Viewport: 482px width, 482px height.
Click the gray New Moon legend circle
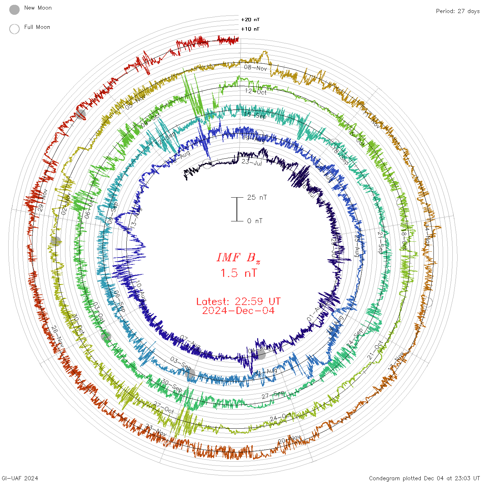tap(14, 10)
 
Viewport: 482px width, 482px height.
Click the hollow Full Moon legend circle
tap(14, 29)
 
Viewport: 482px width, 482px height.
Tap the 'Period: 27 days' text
tap(458, 11)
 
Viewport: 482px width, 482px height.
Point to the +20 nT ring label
tap(250, 20)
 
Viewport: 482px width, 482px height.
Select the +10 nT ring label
tap(250, 29)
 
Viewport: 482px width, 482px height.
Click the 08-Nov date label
tap(255, 68)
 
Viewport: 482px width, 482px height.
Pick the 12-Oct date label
tap(256, 92)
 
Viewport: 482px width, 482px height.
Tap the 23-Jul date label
tap(252, 162)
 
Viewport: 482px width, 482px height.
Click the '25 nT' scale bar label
tap(257, 197)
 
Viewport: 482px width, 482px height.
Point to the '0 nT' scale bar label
tap(254, 221)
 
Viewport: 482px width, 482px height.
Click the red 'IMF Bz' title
tap(238, 258)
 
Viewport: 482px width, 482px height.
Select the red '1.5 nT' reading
tap(238, 273)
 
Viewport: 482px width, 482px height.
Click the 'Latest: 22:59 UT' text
tap(238, 302)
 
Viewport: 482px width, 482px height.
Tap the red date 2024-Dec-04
tap(238, 311)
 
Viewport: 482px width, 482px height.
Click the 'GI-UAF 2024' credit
tap(20, 478)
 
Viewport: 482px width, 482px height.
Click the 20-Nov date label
tap(290, 439)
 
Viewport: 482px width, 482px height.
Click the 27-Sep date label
tap(273, 395)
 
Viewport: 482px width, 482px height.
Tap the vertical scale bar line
tap(237, 209)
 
